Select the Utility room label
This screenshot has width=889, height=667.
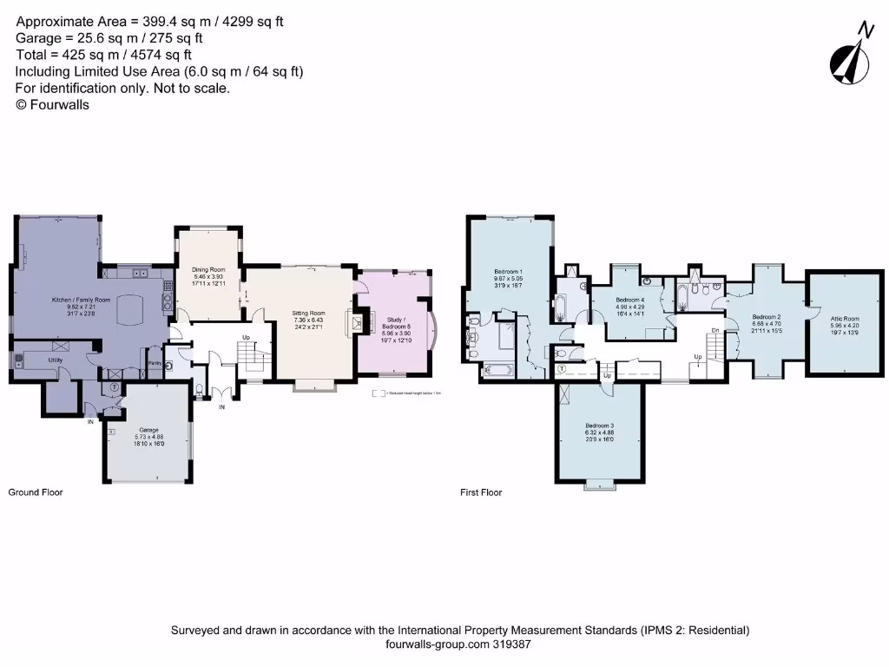[56, 359]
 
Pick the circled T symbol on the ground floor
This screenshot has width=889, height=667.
[114, 386]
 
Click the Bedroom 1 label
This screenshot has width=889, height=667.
[507, 270]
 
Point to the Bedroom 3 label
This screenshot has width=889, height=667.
[599, 426]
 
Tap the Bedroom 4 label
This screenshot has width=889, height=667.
[629, 300]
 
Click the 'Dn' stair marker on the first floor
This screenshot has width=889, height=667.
[714, 330]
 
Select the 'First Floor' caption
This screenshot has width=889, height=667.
[481, 492]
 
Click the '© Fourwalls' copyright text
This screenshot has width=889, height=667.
[52, 104]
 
